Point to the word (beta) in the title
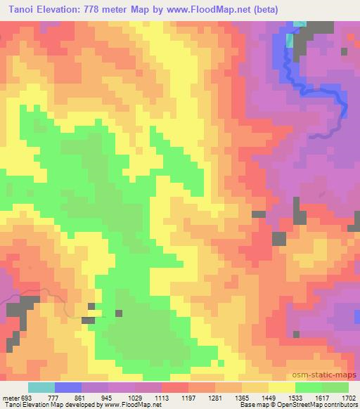coord(262,10)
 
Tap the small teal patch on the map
coord(300,25)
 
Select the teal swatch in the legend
coord(41,387)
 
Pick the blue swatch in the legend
coord(67,387)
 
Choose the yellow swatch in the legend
coord(281,387)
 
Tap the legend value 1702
coord(348,397)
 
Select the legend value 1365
coord(241,397)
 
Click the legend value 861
coord(82,397)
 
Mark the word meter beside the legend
coord(10,397)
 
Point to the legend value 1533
coord(295,397)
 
